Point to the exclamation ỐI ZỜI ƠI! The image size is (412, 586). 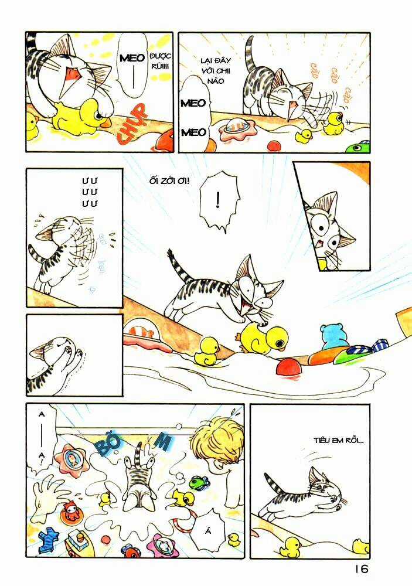[x=169, y=180]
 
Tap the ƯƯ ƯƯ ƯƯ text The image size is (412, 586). [x=89, y=192]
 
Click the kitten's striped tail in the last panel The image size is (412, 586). [x=275, y=483]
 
